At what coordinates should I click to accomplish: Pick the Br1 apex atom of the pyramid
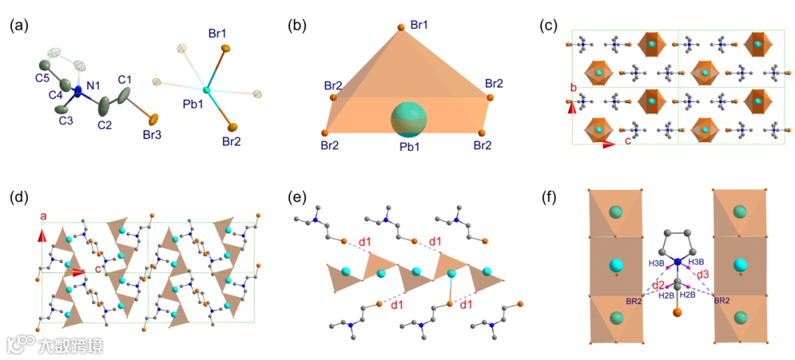click(400, 28)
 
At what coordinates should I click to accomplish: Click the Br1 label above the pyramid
click(420, 26)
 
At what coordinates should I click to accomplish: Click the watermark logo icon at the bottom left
click(21, 343)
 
